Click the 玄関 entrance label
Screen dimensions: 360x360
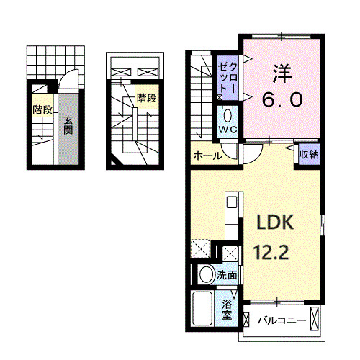point(67,125)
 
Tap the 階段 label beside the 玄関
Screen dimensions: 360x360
point(42,109)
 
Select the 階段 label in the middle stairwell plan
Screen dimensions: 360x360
point(146,98)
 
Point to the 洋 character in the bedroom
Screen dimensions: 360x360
point(282,73)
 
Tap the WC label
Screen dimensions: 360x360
point(228,130)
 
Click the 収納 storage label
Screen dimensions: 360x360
point(309,154)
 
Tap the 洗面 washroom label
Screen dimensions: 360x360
point(228,275)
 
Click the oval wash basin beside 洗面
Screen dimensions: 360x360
point(205,274)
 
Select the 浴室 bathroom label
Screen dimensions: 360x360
point(227,309)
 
